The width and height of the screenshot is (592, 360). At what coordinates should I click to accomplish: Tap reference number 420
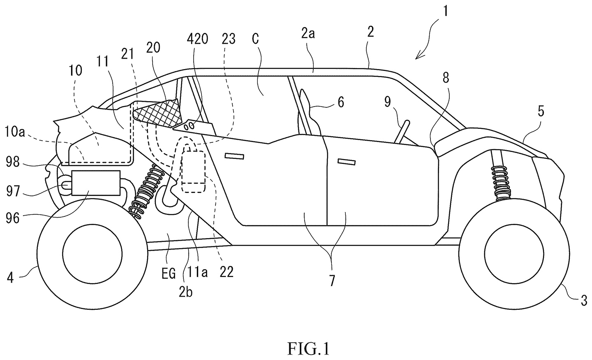coord(197,39)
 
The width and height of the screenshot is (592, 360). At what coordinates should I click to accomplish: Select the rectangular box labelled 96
coord(96,183)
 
